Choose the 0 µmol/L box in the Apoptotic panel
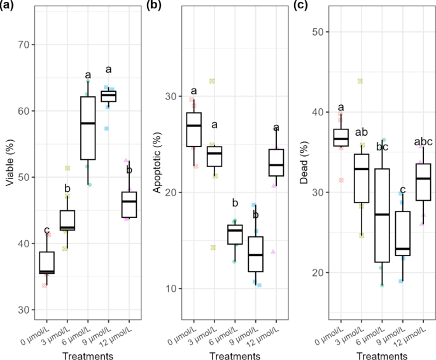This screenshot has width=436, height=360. [194, 129]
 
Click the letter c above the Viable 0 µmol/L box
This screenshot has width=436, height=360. [46, 230]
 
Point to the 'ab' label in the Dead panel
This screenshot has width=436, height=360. [362, 133]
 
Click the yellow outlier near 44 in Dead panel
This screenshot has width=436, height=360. [360, 81]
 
